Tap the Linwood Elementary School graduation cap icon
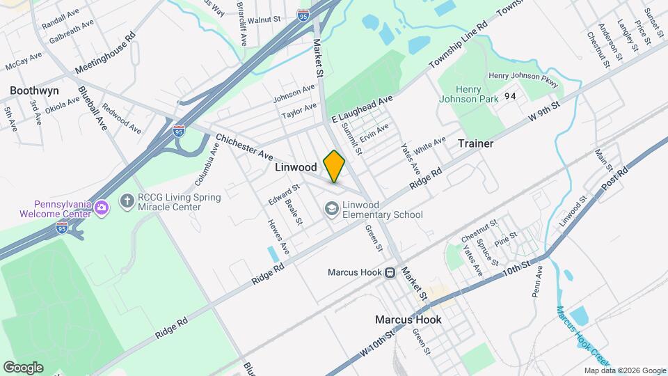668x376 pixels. tap(331, 208)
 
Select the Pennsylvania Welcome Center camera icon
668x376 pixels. tap(102, 207)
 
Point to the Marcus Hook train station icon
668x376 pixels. tap(391, 272)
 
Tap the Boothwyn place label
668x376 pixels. tap(33, 91)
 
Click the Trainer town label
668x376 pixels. tap(475, 143)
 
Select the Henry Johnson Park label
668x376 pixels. tap(468, 94)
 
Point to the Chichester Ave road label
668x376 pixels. tap(244, 145)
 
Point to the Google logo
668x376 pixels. tap(23, 367)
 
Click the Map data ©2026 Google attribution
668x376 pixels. tap(624, 370)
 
